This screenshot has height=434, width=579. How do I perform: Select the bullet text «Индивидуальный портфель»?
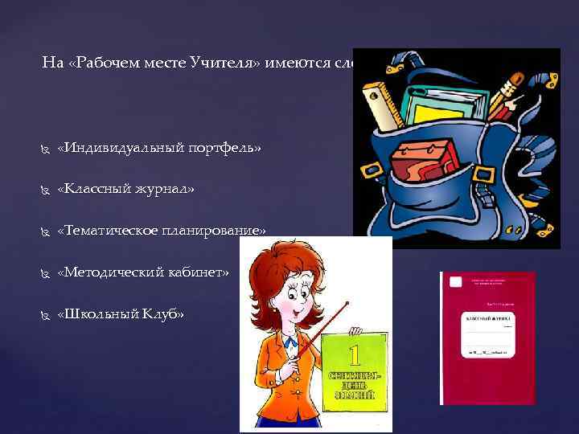pos(160,148)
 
